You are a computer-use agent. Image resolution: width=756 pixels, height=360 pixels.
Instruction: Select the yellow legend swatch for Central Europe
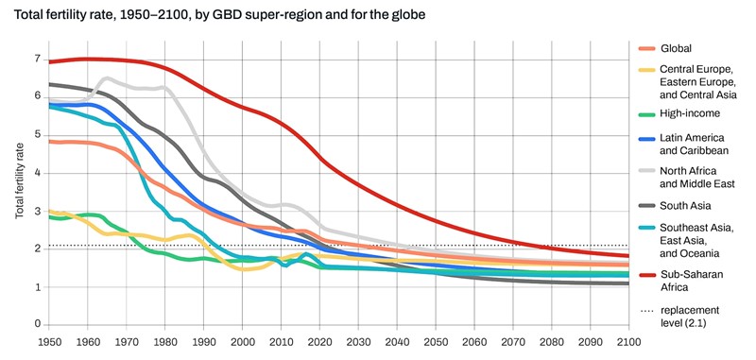[x=648, y=68]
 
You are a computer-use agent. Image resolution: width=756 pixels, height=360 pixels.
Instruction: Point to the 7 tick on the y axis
[x=36, y=59]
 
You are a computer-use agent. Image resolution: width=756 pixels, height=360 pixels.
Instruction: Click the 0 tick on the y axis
[x=36, y=325]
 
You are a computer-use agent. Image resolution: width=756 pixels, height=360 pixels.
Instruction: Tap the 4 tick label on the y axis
[x=36, y=173]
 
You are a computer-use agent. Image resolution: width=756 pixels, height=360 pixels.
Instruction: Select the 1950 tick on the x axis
[x=48, y=341]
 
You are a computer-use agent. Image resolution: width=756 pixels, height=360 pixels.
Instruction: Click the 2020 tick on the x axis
[x=321, y=341]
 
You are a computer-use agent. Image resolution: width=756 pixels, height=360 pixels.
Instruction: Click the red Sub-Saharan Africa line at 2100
[x=627, y=256]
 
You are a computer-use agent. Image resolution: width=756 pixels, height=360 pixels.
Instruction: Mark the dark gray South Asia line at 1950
[x=49, y=84]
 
